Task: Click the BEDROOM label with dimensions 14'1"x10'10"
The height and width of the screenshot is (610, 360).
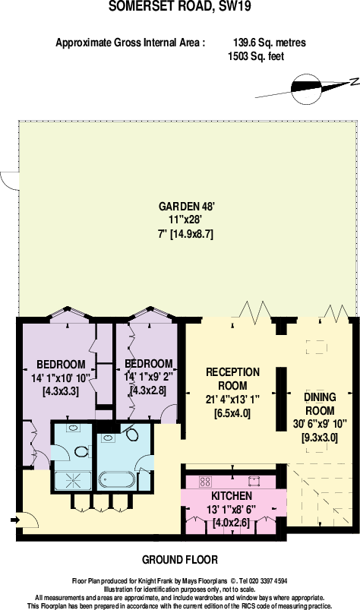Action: (x=60, y=363)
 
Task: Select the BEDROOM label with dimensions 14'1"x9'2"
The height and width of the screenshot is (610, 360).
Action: (x=148, y=364)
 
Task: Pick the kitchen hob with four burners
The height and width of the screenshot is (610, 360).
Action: (x=204, y=480)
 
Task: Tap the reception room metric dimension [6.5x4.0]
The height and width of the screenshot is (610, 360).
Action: (x=233, y=413)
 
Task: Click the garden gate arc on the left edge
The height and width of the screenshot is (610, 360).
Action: (x=8, y=180)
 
